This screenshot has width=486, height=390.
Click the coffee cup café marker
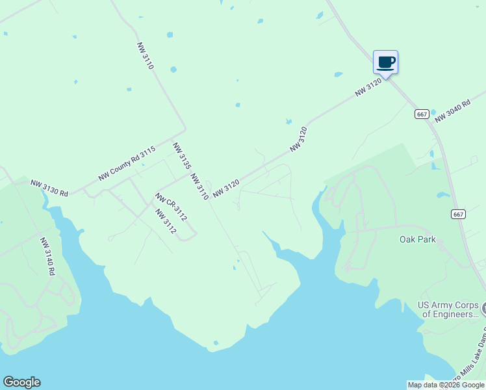coord(385,63)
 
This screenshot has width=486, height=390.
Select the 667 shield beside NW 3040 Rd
coord(422,114)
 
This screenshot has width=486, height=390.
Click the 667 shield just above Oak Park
coord(458,214)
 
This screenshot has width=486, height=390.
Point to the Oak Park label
coord(417,240)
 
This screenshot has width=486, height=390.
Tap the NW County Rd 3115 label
coord(127,163)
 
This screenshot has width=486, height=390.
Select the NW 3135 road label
coord(181,156)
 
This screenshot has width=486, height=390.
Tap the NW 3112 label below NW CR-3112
coord(166,221)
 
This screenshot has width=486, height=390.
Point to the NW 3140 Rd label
coord(47,256)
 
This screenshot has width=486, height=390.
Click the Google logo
coord(21,382)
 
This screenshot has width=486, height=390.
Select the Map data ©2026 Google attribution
coord(446,385)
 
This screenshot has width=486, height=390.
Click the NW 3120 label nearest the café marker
coord(368,88)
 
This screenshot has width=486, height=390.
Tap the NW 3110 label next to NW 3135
coord(199,187)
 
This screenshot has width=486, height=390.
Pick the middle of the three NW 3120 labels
coord(298,140)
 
